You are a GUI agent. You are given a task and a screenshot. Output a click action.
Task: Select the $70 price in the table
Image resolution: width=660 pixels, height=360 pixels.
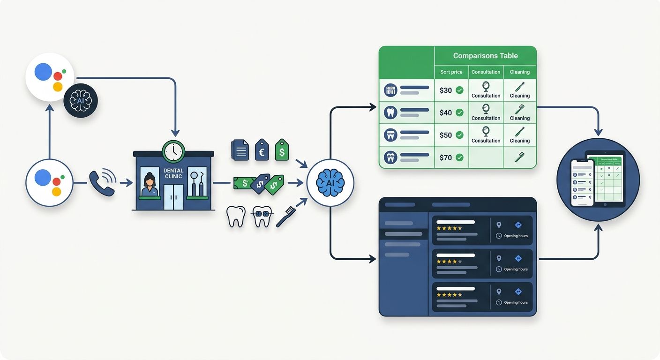[446, 157]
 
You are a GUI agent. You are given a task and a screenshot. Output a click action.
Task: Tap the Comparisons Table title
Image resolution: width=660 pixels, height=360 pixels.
[485, 56]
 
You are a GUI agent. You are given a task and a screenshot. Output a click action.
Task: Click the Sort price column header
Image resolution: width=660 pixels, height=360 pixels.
[451, 72]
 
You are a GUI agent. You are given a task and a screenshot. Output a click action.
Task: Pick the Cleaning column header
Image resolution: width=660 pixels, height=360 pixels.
[520, 72]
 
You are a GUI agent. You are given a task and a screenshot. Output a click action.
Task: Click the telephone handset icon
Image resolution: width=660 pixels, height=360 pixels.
[102, 183]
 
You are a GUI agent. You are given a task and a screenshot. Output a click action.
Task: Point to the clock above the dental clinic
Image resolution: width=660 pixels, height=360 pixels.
[173, 151]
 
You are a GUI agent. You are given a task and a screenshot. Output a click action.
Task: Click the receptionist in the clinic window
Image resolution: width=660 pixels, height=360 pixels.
[150, 184]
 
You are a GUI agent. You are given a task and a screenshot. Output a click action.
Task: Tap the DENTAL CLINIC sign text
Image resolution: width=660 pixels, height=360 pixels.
[173, 173]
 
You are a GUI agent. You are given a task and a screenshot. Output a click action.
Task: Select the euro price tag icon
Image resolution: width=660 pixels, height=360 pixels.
[262, 150]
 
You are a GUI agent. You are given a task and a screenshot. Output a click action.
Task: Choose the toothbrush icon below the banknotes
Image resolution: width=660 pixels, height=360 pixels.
[285, 217]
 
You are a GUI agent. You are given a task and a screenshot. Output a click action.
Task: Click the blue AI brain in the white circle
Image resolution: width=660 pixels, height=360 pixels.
[330, 183]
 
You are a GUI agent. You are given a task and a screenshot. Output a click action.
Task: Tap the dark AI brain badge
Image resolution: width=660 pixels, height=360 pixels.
[81, 100]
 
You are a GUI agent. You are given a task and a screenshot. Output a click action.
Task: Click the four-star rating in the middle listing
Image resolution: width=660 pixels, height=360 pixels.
[449, 262]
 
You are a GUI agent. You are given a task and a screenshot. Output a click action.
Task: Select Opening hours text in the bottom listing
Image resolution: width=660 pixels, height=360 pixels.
[516, 303]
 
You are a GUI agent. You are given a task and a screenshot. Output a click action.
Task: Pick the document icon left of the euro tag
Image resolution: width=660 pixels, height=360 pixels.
[240, 150]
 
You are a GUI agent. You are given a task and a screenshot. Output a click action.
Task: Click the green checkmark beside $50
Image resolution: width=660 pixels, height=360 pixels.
[459, 135]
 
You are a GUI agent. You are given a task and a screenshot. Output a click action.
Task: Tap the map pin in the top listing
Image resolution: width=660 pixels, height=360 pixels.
[499, 225]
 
